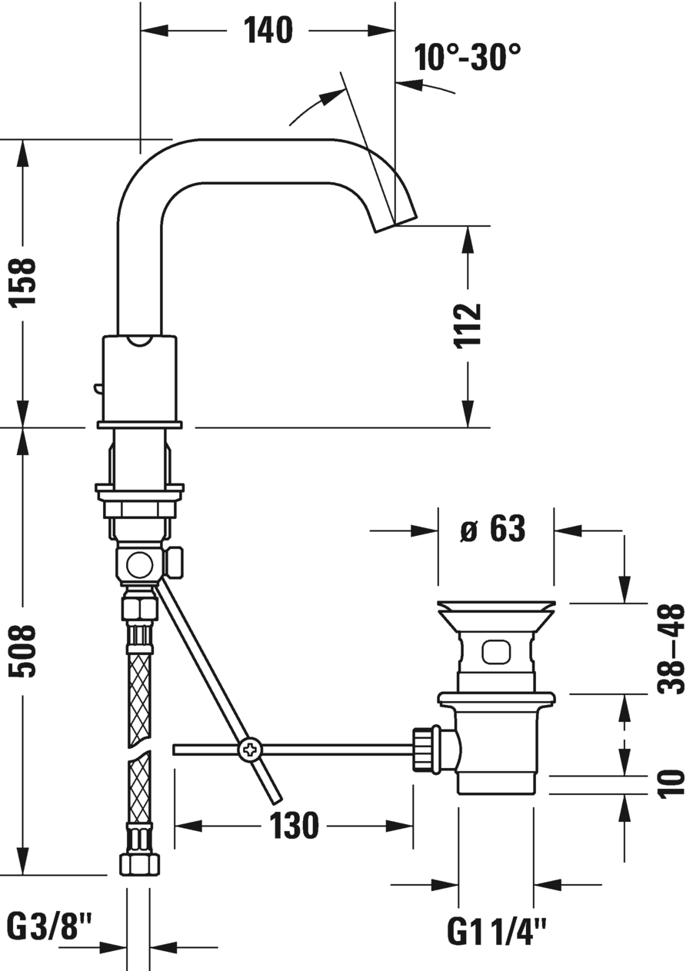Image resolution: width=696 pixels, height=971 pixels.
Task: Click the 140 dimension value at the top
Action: [268, 32]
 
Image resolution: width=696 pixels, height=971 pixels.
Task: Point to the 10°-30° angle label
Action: [467, 57]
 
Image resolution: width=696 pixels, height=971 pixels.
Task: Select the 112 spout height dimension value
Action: [468, 325]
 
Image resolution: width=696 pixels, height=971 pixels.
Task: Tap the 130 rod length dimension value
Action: [293, 826]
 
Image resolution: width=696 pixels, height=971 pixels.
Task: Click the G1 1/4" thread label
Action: [497, 933]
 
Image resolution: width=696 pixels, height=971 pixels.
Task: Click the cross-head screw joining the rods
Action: [250, 749]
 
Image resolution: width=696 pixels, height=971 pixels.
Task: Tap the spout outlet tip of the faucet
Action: [396, 222]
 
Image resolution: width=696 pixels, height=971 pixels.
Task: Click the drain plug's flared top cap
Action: [495, 611]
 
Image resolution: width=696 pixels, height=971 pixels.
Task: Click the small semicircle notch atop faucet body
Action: [139, 341]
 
